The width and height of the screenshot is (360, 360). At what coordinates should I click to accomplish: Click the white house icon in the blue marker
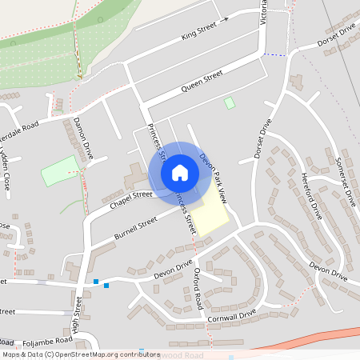(x=180, y=172)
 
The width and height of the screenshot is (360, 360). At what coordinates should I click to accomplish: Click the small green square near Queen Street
(x=230, y=103)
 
